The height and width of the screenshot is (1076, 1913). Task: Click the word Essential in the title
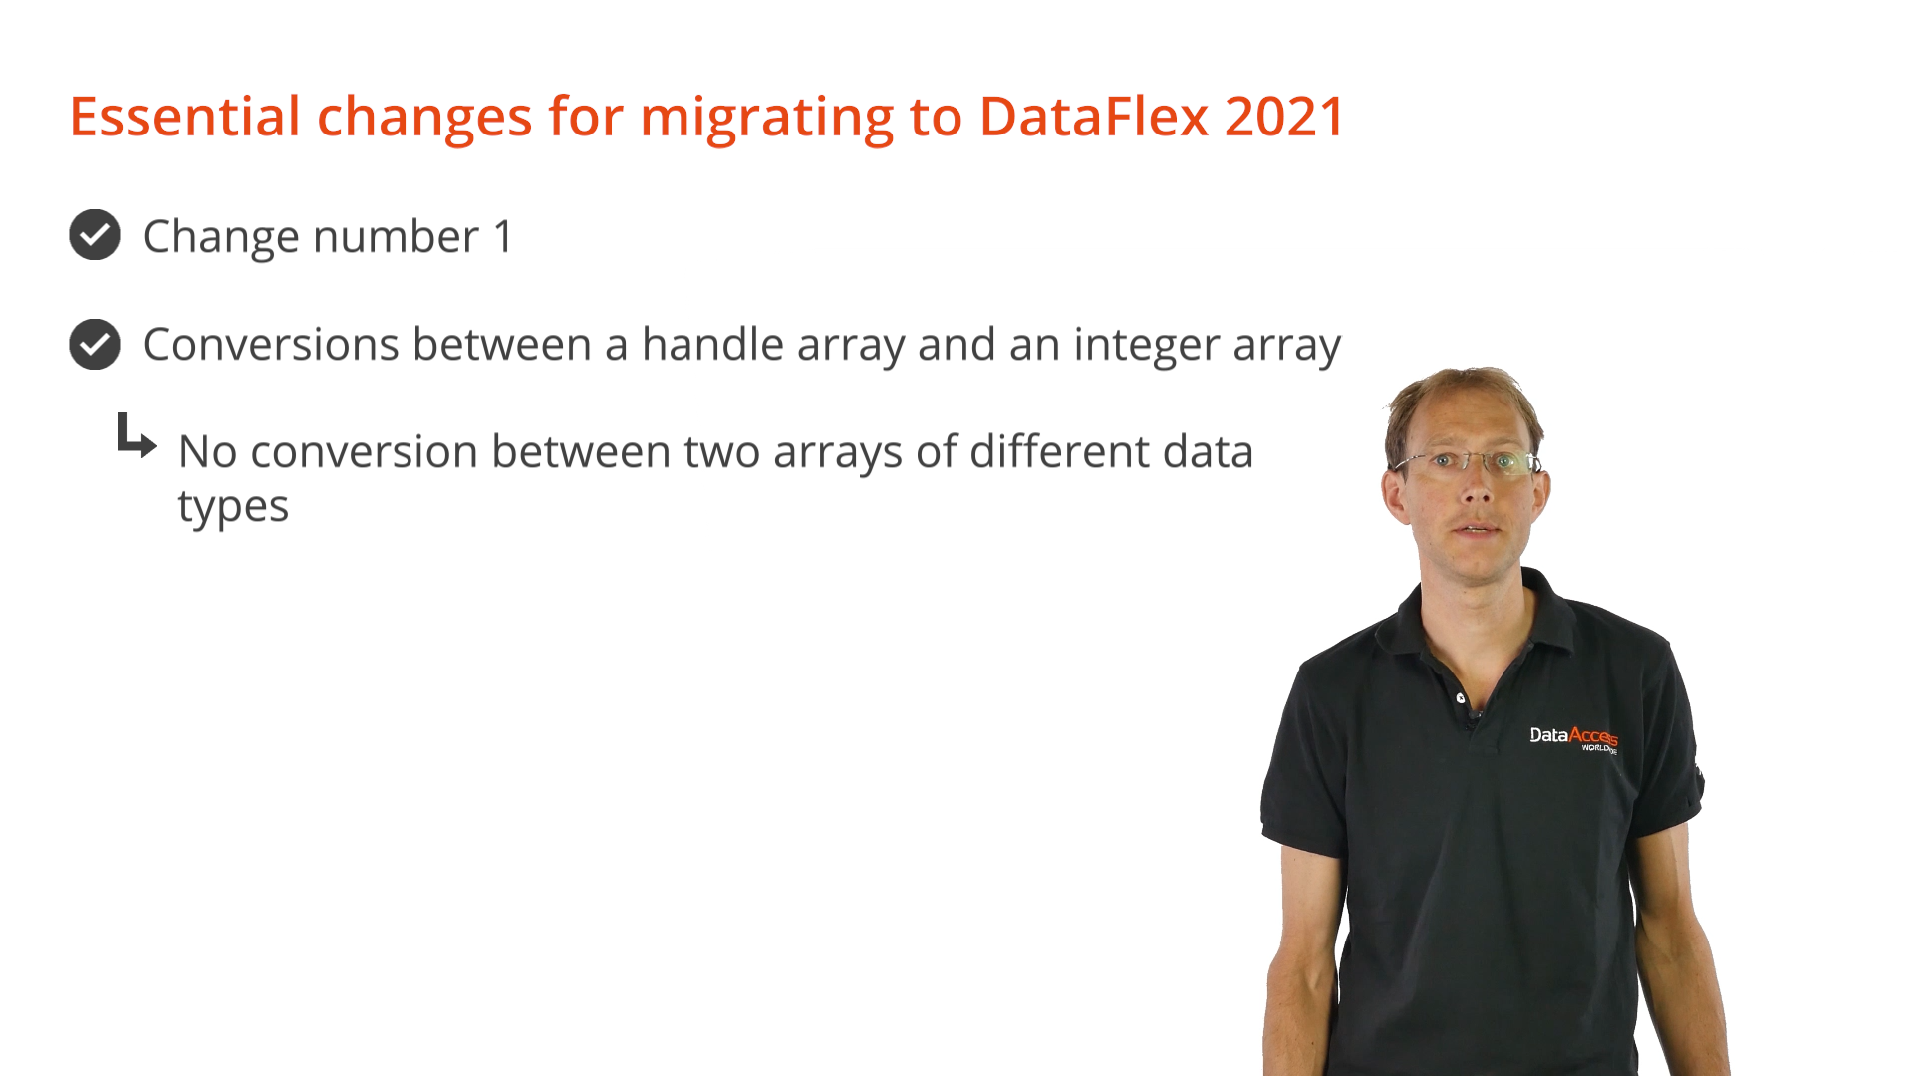(x=185, y=117)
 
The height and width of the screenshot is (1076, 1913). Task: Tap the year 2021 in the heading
(x=1285, y=117)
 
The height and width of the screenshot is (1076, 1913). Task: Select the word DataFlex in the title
(x=1094, y=117)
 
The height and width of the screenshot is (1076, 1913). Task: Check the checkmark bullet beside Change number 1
(x=95, y=235)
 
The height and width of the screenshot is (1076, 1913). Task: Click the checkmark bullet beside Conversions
(x=95, y=344)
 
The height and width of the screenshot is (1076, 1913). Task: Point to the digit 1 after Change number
(x=503, y=237)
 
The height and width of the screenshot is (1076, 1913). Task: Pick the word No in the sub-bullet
(x=207, y=452)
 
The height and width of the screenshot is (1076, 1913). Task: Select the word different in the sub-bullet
(x=1059, y=451)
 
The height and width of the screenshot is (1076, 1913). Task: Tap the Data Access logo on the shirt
(x=1573, y=738)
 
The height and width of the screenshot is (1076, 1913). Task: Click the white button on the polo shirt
(x=1461, y=698)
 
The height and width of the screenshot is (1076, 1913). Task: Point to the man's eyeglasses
(x=1468, y=462)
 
